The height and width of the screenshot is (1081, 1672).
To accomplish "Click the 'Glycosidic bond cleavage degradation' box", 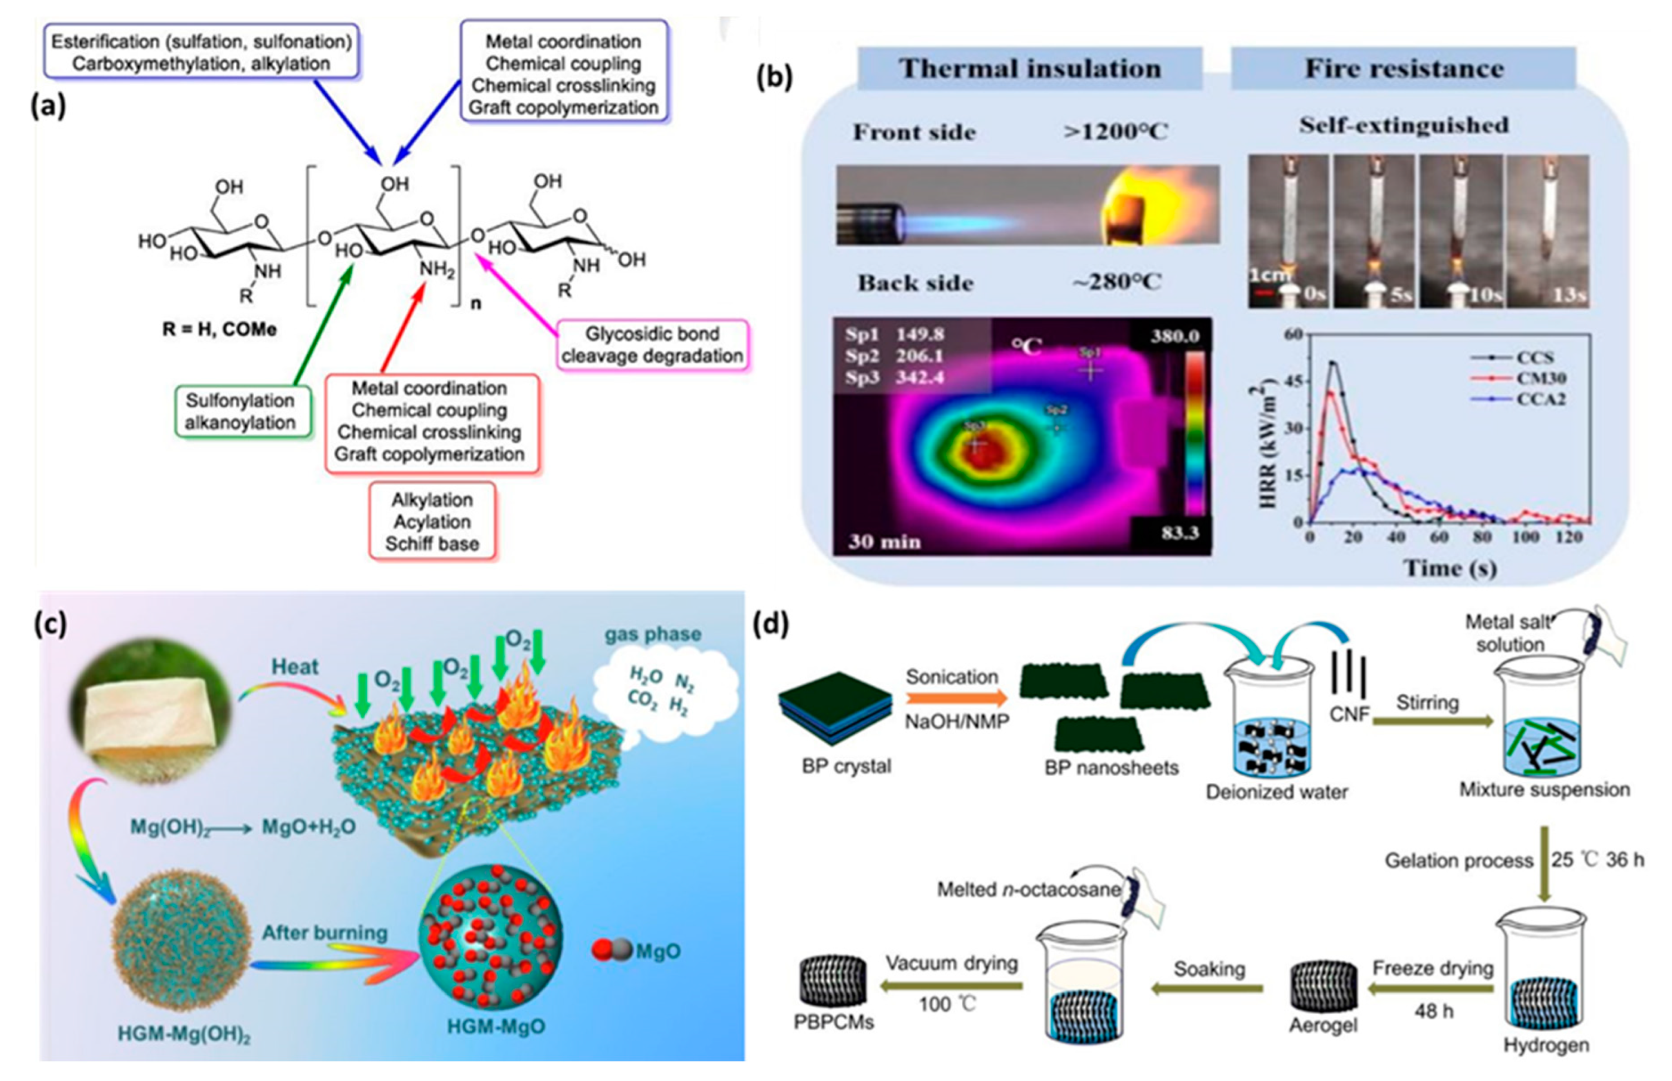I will pyautogui.click(x=652, y=344).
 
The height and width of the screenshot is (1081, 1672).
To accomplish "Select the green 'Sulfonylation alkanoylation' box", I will pyautogui.click(x=240, y=411).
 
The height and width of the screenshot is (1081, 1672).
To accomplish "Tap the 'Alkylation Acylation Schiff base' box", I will pyautogui.click(x=432, y=521).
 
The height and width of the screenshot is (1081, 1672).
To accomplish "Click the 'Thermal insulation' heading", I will pyautogui.click(x=1030, y=69).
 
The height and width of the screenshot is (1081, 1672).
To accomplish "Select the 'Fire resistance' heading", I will pyautogui.click(x=1404, y=69).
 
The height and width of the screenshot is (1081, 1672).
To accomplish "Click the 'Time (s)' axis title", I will pyautogui.click(x=1449, y=567).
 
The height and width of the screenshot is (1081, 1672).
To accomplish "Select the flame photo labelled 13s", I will pyautogui.click(x=1548, y=231).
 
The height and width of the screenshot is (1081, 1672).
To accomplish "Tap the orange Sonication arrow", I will pyautogui.click(x=956, y=698).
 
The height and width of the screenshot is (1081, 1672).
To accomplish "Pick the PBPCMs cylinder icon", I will pyautogui.click(x=833, y=981).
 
